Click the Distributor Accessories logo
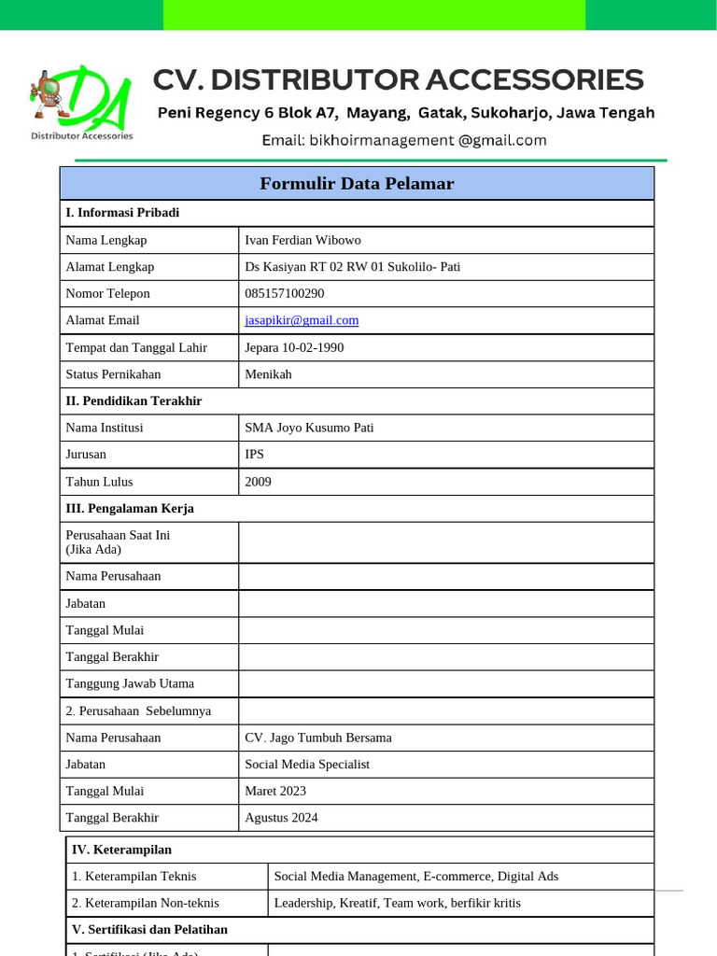pyautogui.click(x=81, y=103)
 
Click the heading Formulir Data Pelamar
pyautogui.click(x=357, y=184)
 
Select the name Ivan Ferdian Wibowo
pyautogui.click(x=302, y=240)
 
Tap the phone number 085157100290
pyautogui.click(x=285, y=293)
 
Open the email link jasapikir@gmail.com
pyautogui.click(x=302, y=320)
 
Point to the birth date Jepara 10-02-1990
pyautogui.click(x=294, y=347)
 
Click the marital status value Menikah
pyautogui.click(x=268, y=374)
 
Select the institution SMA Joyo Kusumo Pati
pyautogui.click(x=309, y=428)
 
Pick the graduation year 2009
pyautogui.click(x=258, y=482)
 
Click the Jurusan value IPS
pyautogui.click(x=254, y=455)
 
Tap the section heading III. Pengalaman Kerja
pyautogui.click(x=129, y=509)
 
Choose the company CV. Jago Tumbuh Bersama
pyautogui.click(x=318, y=738)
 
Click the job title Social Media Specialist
pyautogui.click(x=307, y=765)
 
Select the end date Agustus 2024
pyautogui.click(x=281, y=818)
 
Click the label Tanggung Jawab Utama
pyautogui.click(x=124, y=683)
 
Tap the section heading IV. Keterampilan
pyautogui.click(x=121, y=850)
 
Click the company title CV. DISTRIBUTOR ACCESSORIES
pyautogui.click(x=398, y=80)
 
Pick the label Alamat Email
pyautogui.click(x=103, y=320)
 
